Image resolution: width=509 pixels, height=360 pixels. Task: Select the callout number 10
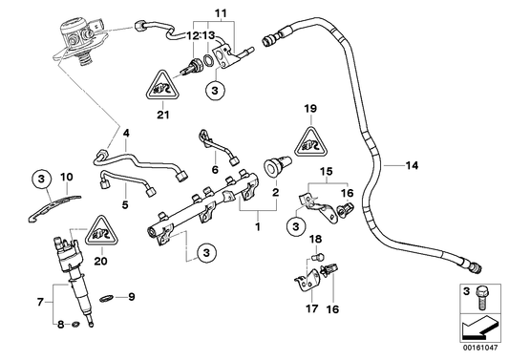[x=66, y=177]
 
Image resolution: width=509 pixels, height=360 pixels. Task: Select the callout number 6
[x=216, y=169]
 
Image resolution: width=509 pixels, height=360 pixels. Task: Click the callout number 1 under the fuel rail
[x=256, y=229]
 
